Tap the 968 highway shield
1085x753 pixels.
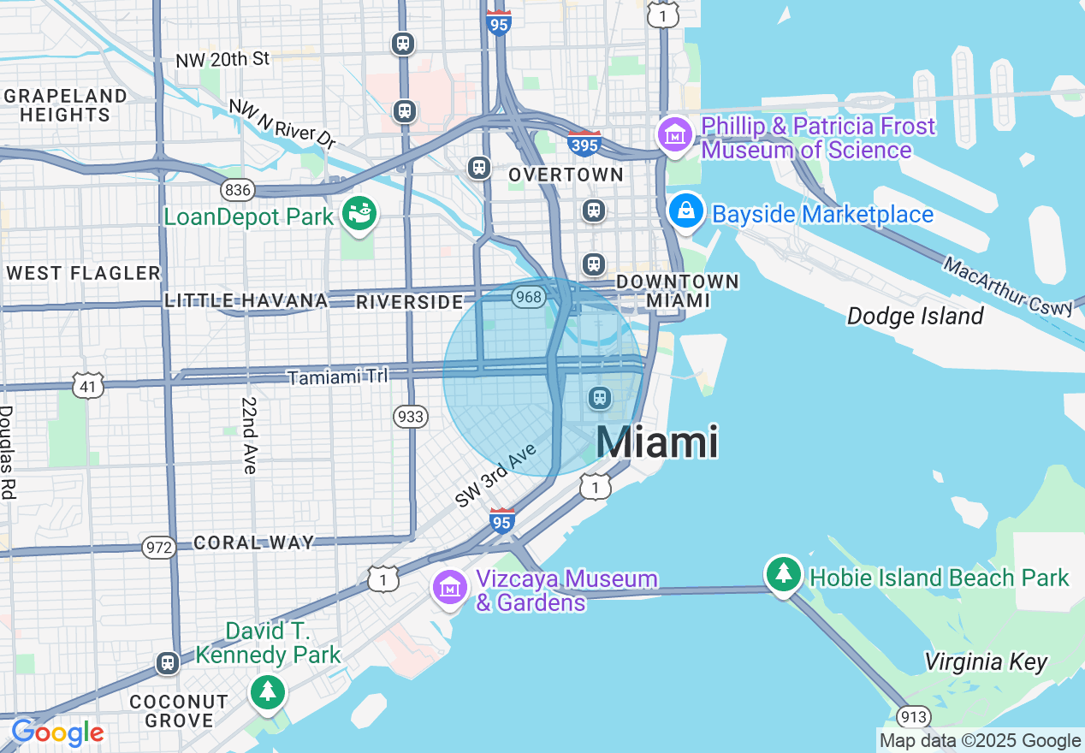point(529,297)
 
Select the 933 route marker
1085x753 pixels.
point(411,417)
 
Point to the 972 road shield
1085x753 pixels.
point(160,548)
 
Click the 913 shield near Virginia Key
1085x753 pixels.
point(913,716)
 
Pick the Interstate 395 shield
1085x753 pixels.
point(584,143)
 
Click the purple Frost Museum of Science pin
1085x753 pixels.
point(675,134)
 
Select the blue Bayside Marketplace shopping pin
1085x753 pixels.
point(686,210)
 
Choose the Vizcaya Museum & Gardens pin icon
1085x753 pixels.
point(450,587)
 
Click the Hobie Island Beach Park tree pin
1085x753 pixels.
point(783,574)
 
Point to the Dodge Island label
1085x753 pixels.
point(915,317)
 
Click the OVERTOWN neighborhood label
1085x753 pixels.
point(566,175)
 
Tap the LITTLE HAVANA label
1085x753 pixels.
point(246,300)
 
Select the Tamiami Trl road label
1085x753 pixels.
point(337,376)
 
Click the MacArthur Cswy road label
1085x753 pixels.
point(1008,286)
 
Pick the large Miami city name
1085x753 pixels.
point(656,442)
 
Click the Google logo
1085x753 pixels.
point(57,733)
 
